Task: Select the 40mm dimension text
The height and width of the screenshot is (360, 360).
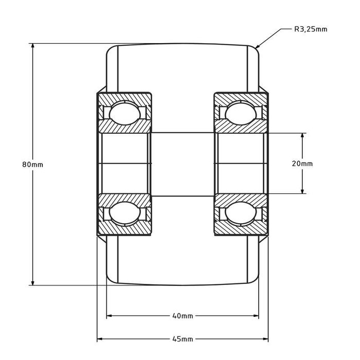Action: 183,316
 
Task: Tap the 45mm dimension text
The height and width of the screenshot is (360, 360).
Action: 183,339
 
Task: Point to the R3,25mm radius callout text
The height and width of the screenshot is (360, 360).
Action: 311,29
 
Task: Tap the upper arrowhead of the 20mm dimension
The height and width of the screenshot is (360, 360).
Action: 302,136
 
